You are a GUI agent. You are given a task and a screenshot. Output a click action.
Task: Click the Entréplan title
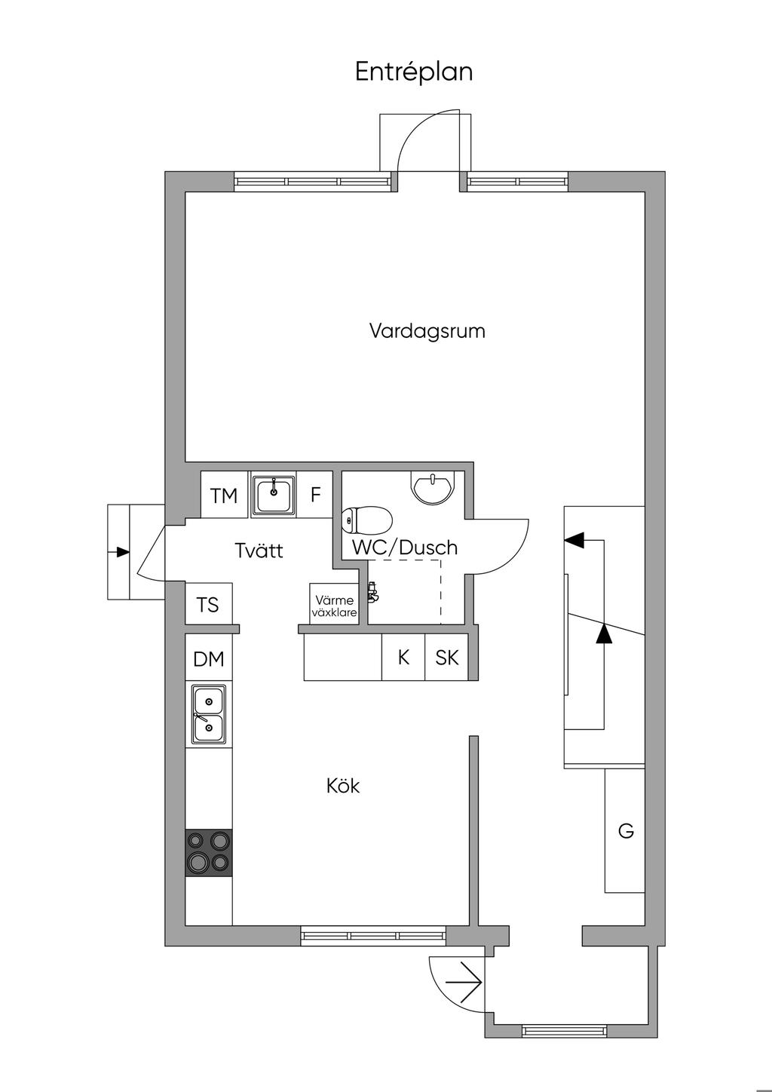[x=414, y=72]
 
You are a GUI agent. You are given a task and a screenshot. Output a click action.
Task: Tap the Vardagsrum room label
[x=427, y=331]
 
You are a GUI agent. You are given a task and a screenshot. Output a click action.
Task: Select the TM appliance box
[x=225, y=495]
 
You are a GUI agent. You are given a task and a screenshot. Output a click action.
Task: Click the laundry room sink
[x=273, y=495]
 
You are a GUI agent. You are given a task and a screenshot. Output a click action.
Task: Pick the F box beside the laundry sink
[x=315, y=495]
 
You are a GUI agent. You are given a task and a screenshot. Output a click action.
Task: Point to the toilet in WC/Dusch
[x=366, y=520]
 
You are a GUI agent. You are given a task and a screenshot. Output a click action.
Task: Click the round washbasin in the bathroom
[x=432, y=487]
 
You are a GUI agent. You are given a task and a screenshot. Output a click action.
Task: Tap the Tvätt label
[x=259, y=551]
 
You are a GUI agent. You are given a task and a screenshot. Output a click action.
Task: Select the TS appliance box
[x=209, y=603]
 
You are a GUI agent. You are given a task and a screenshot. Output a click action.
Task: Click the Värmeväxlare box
[x=334, y=604]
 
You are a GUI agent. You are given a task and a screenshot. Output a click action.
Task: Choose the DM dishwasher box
[x=209, y=658]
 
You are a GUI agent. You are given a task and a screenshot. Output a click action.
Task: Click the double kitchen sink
[x=209, y=715]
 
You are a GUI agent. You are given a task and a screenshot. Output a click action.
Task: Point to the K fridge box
[x=403, y=657]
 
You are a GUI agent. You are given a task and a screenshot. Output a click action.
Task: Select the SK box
[x=446, y=657]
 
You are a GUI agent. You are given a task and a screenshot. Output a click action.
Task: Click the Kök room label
[x=343, y=786]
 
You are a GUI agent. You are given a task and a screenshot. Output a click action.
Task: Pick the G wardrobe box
[x=625, y=830]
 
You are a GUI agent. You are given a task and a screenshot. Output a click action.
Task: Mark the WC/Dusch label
[x=405, y=548]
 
